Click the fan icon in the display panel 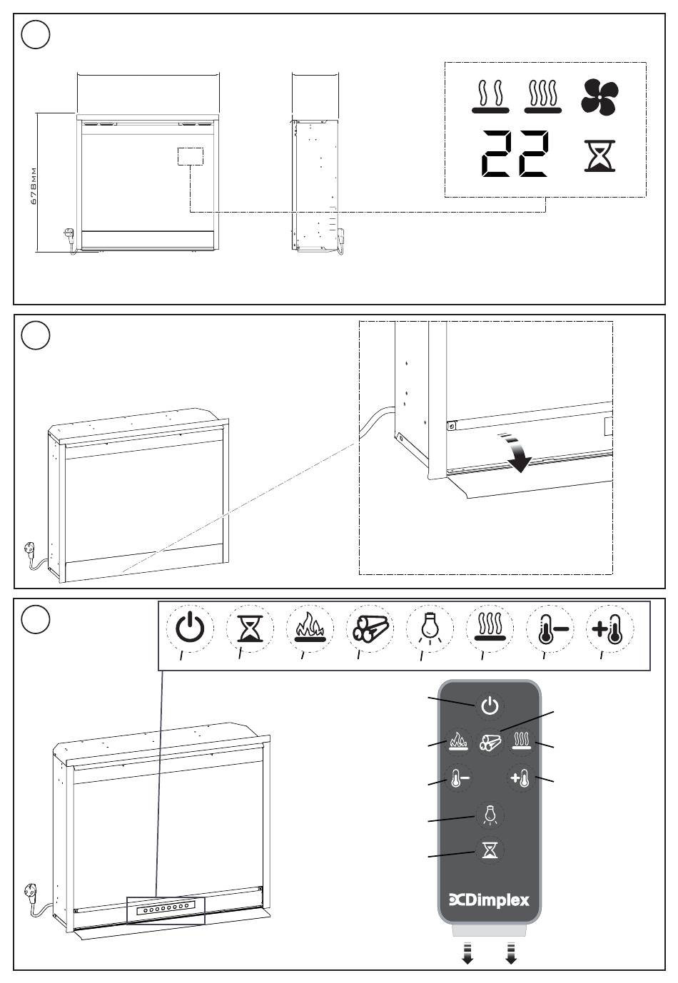coord(599,96)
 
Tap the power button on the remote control coord(490,706)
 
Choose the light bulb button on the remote coord(490,814)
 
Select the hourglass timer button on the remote coord(490,850)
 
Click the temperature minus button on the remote coord(457,778)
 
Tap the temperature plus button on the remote coord(521,778)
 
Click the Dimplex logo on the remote coord(490,900)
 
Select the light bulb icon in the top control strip coord(429,628)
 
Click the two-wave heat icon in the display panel coord(489,96)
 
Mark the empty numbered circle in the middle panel coord(36,335)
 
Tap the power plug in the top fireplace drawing coord(70,236)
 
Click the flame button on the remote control coord(457,742)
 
